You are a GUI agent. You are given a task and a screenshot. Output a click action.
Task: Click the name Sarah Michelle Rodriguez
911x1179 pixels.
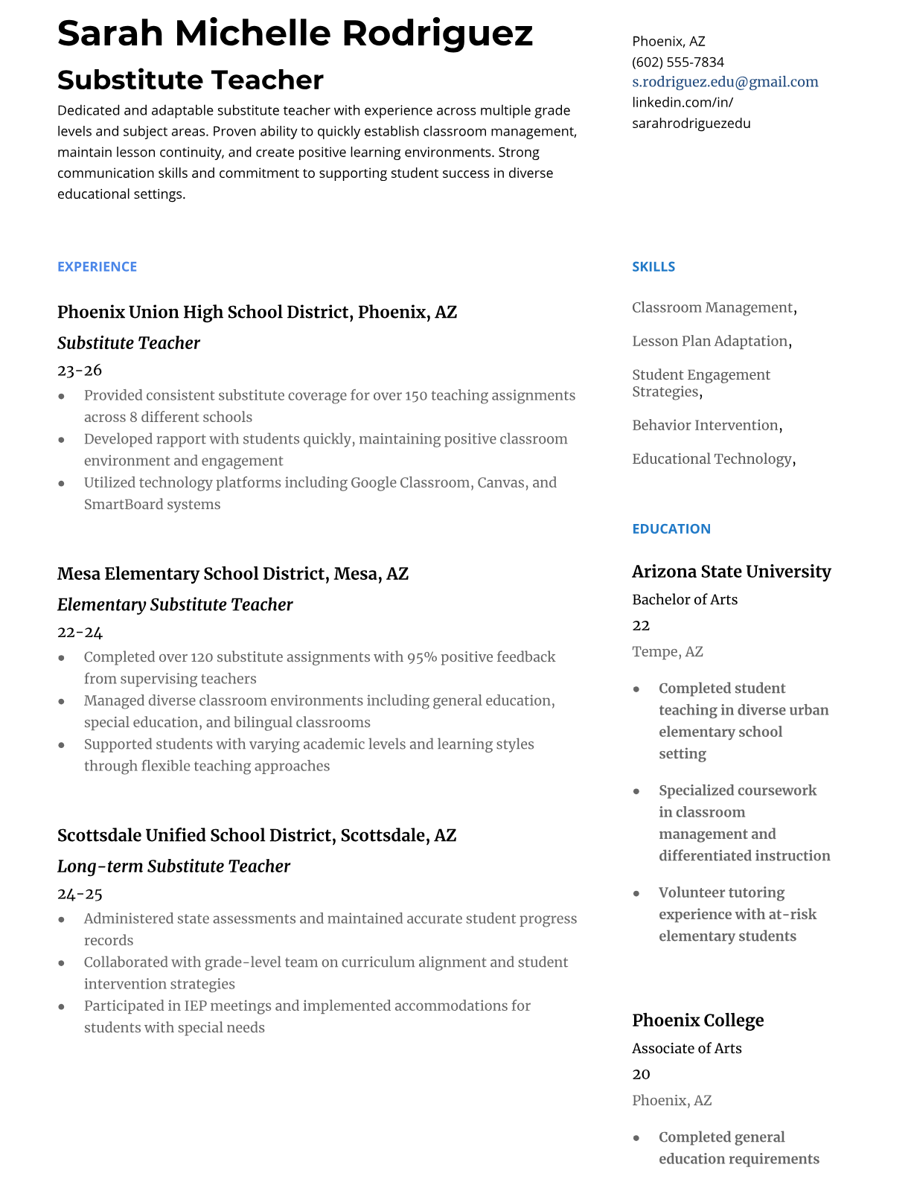click(x=295, y=33)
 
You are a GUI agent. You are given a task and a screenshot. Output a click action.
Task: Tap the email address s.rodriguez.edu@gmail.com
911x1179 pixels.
click(x=724, y=82)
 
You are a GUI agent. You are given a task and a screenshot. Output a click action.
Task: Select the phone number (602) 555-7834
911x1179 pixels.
click(x=677, y=62)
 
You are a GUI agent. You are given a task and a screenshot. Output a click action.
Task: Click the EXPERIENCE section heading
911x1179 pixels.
click(x=97, y=266)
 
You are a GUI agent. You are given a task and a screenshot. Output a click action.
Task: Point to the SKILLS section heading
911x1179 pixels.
click(x=653, y=266)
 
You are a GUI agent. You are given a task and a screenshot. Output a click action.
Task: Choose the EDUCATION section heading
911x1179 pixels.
click(x=671, y=528)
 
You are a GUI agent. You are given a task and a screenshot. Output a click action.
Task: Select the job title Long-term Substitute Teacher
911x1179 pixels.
click(x=173, y=866)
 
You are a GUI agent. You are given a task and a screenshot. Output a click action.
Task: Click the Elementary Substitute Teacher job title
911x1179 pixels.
click(x=175, y=604)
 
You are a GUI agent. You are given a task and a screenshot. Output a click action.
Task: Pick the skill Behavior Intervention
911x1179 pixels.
click(x=705, y=425)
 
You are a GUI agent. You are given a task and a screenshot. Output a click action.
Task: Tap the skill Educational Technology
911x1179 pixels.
click(x=712, y=458)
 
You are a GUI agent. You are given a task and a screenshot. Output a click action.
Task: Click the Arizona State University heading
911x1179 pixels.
click(x=731, y=571)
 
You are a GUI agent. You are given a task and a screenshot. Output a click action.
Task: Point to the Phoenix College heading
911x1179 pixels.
click(x=697, y=1020)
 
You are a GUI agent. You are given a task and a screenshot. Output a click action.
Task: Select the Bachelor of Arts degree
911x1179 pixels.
click(x=684, y=599)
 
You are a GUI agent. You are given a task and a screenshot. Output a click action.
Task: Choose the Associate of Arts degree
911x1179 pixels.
click(x=686, y=1048)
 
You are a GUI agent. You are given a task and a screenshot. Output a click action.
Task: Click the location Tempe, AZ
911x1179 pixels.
click(x=667, y=651)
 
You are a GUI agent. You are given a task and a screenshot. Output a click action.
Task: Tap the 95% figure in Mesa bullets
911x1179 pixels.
click(x=422, y=656)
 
